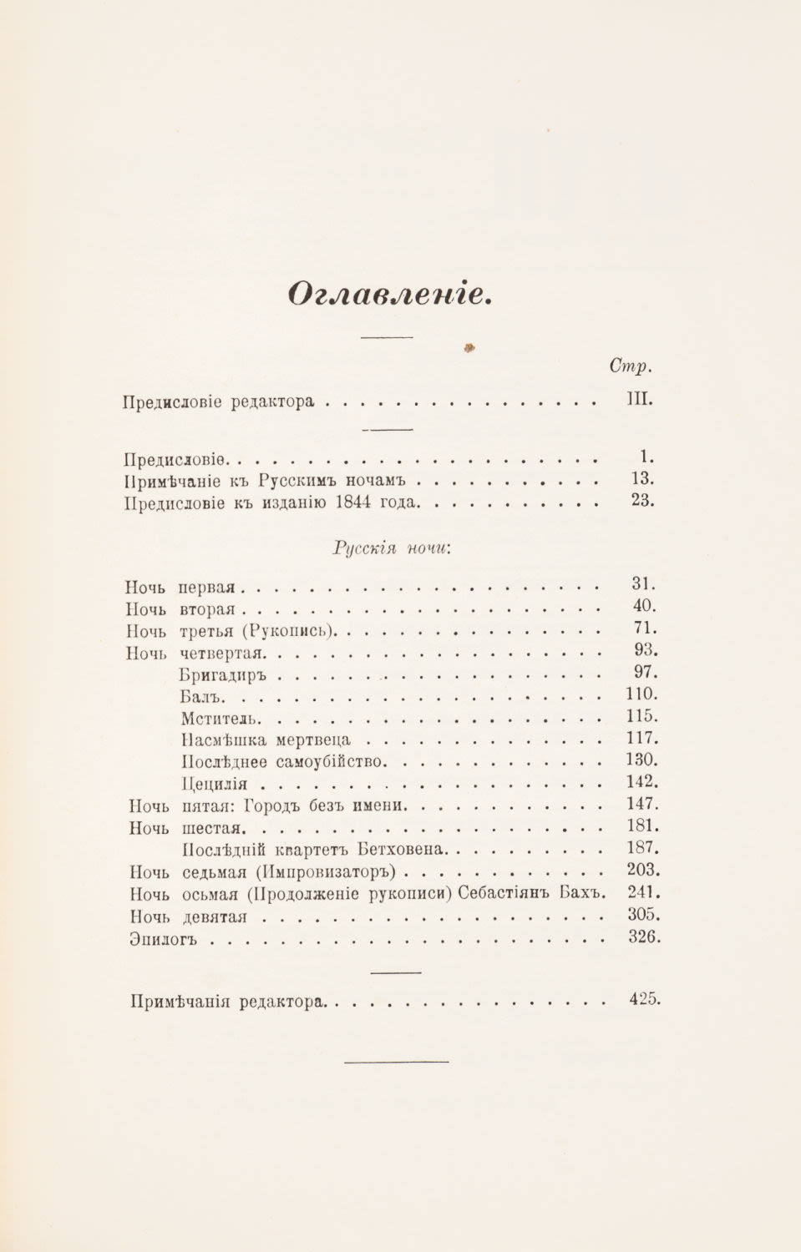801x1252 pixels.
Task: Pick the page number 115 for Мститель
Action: [x=641, y=716]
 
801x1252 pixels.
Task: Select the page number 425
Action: [x=643, y=998]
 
